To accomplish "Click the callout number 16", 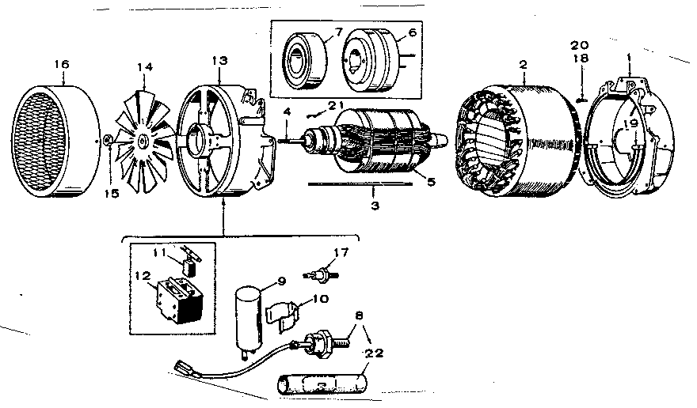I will coord(61,63).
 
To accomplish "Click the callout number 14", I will coord(143,67).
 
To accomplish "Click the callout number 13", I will coord(219,62).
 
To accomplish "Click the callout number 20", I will coord(581,44).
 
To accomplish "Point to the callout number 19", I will coord(632,124).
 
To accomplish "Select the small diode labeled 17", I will coord(320,274).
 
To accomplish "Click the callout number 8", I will coord(361,315).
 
